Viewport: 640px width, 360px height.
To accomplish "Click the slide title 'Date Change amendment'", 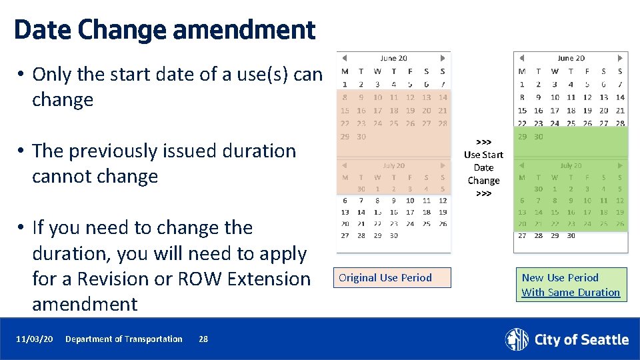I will click(164, 30).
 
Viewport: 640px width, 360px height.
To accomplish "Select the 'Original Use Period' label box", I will click(392, 278).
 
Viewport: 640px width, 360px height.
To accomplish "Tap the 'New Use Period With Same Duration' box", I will click(570, 285).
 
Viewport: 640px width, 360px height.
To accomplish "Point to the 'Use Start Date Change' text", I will click(483, 168).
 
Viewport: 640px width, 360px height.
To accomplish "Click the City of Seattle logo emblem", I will click(517, 339).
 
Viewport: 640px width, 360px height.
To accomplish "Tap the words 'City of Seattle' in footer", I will click(581, 340).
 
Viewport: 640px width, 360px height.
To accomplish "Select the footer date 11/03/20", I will click(34, 339).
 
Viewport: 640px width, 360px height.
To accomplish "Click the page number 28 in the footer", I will click(203, 339).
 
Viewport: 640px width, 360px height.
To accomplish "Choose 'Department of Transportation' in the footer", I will click(123, 339).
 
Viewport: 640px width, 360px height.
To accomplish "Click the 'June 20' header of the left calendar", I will click(393, 59).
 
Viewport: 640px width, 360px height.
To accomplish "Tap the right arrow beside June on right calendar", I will click(620, 59).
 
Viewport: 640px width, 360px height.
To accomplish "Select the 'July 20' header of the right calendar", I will click(571, 165).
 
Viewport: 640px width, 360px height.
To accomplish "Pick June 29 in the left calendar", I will click(345, 137).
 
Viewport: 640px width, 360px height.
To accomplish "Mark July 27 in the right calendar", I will click(522, 235).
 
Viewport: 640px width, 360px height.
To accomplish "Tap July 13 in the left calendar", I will click(345, 212).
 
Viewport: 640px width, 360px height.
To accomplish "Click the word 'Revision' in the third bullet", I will click(111, 279).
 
